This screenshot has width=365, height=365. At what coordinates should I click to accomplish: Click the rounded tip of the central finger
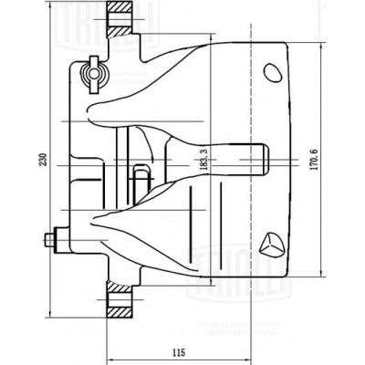[263, 162]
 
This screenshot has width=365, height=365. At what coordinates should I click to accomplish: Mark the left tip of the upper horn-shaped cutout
[92, 112]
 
